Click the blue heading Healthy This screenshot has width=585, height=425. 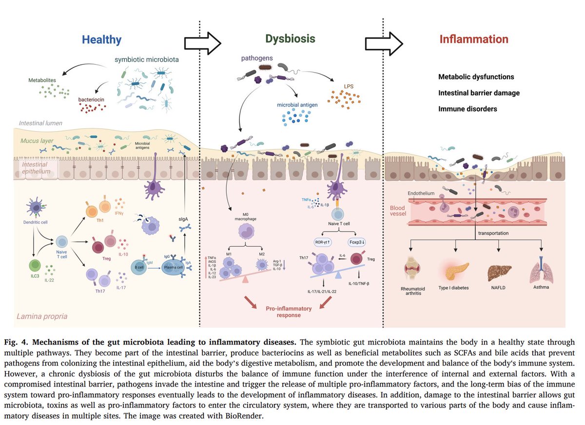pyautogui.click(x=101, y=39)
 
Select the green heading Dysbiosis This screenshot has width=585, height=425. pyautogui.click(x=291, y=39)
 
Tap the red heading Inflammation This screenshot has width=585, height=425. pyautogui.click(x=474, y=39)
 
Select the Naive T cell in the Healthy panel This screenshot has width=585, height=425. pyautogui.click(x=62, y=242)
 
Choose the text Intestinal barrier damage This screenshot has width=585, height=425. pyautogui.click(x=479, y=93)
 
